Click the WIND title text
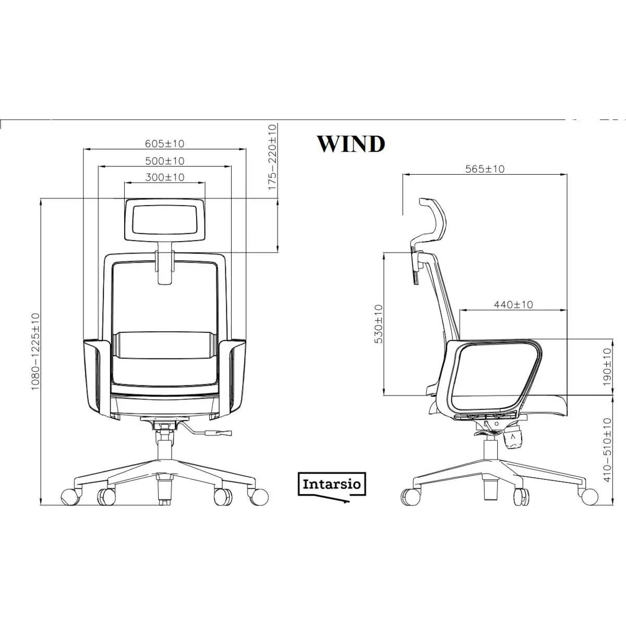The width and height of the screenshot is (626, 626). (x=351, y=144)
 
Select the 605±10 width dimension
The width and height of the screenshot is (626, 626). (x=164, y=143)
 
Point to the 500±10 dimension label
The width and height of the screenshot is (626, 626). (x=164, y=161)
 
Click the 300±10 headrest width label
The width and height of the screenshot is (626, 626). (x=165, y=177)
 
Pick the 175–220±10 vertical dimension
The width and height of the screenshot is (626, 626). (x=272, y=156)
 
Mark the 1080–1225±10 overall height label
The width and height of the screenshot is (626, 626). (x=35, y=352)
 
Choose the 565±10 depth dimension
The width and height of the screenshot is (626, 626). (x=485, y=168)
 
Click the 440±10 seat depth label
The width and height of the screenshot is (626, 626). (x=513, y=304)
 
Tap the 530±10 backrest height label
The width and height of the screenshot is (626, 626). (x=379, y=324)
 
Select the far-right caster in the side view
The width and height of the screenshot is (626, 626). (x=590, y=495)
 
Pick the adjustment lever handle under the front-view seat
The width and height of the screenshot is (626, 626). (x=218, y=432)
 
